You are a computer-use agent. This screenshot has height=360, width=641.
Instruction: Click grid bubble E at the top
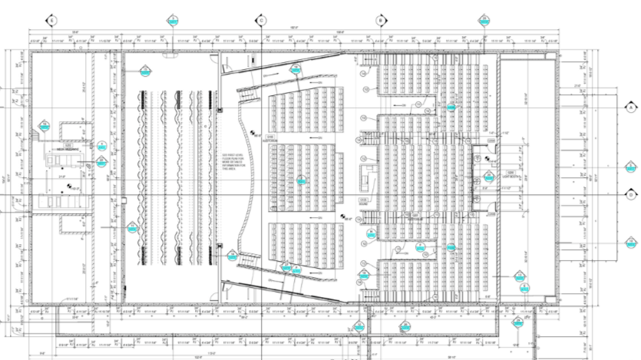[x=52, y=20]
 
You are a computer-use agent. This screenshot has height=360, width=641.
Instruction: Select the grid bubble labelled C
[x=261, y=20]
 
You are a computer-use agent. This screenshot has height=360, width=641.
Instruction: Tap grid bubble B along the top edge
[x=379, y=20]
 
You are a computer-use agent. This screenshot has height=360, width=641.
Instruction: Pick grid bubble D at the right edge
[x=630, y=194]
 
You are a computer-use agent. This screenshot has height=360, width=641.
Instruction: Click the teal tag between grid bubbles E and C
[x=173, y=20]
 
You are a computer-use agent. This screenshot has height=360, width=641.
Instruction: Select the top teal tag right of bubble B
[x=484, y=20]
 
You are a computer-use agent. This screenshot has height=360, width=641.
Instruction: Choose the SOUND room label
[x=365, y=201]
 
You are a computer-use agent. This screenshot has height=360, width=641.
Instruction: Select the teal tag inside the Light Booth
[x=488, y=178]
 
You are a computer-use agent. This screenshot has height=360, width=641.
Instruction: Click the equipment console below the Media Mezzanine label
[x=61, y=159]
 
